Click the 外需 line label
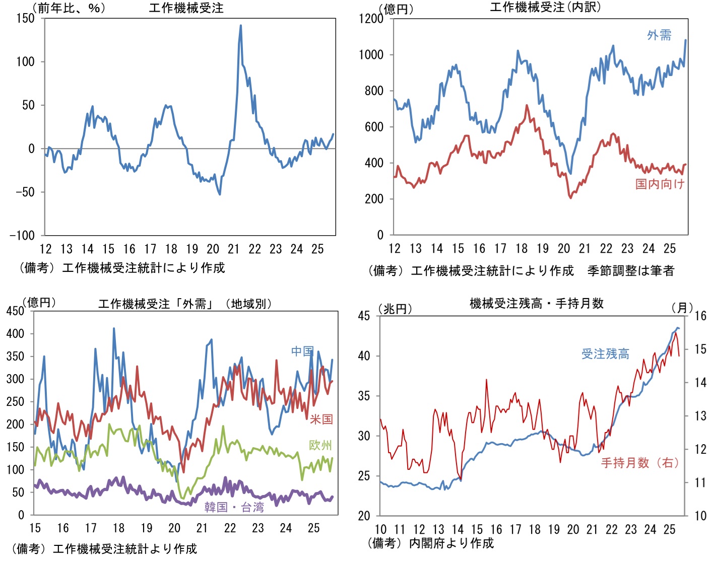point(659,35)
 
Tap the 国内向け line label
point(660,184)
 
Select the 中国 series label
point(302,351)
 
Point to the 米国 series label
point(321,419)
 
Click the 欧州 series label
point(320,445)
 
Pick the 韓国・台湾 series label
point(234,507)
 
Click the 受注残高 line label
point(605,354)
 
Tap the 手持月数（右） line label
point(639,463)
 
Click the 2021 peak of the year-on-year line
point(240,26)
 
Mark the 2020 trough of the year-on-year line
point(220,194)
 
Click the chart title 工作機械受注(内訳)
point(545,7)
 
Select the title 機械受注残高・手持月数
point(536,303)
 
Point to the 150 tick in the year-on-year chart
point(25,19)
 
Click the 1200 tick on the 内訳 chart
point(371,19)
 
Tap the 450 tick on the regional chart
point(15,311)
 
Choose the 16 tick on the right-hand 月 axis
point(700,316)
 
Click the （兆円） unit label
point(395,309)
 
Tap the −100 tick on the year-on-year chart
point(22,235)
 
